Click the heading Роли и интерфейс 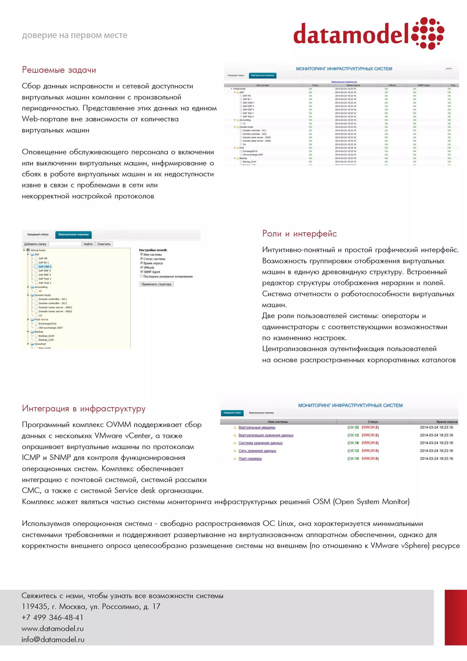click(299, 233)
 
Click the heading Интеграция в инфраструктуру click(84, 408)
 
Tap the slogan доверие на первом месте click(75, 35)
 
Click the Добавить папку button click(35, 244)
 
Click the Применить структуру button click(156, 284)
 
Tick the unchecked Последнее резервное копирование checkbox click(141, 276)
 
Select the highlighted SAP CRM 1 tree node click(45, 266)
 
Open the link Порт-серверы click(250, 459)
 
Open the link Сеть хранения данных click(257, 451)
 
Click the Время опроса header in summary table click(446, 422)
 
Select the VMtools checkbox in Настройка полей click(141, 267)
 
